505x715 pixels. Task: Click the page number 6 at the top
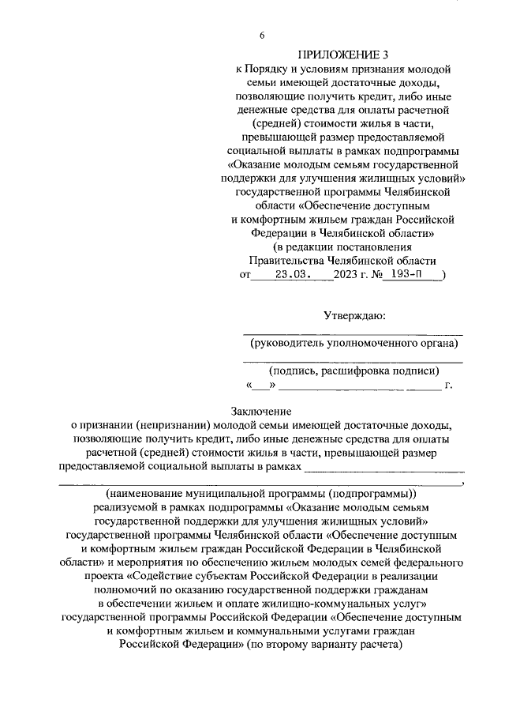pos(261,35)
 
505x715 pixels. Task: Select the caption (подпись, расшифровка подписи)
pos(353,371)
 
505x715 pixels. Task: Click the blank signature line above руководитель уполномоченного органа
pos(353,334)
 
